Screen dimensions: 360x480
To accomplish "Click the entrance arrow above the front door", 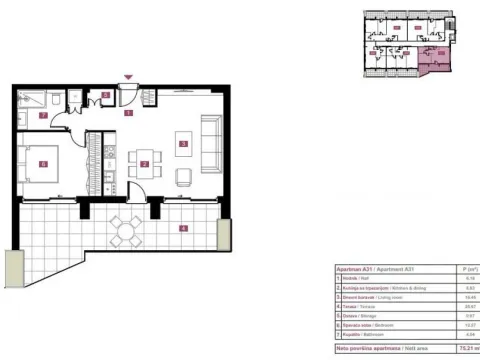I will tap(128, 77).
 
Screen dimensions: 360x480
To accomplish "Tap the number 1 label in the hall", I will tap(128, 113).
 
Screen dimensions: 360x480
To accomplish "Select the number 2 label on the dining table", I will tap(145, 164).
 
